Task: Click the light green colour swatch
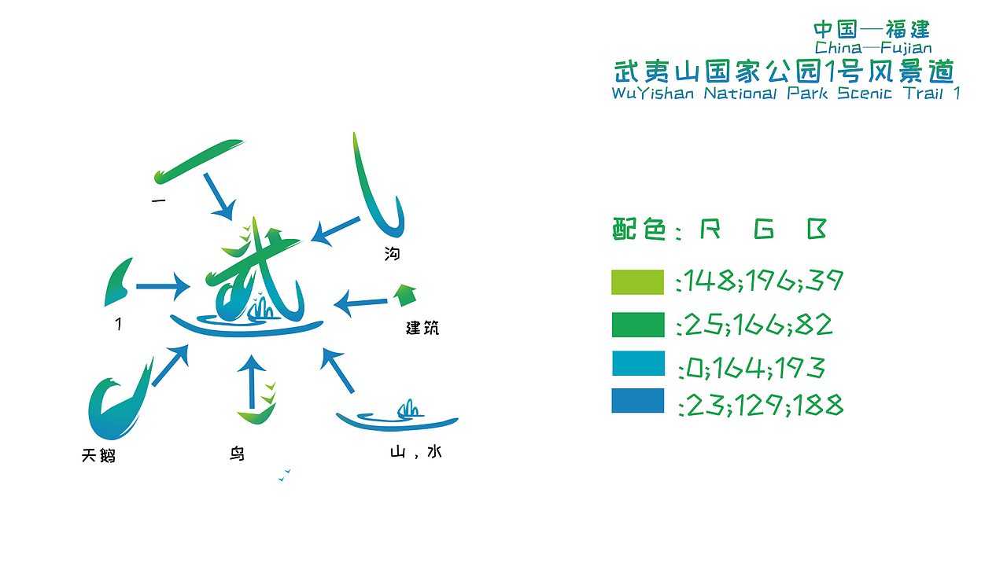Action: point(637,282)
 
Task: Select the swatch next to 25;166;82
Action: point(637,325)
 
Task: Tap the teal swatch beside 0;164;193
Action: point(637,363)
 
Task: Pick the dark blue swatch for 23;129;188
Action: point(637,401)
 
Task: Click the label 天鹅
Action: point(98,455)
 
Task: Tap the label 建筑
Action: point(422,328)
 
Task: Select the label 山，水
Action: point(415,452)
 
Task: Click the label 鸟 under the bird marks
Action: point(237,454)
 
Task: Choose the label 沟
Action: point(392,254)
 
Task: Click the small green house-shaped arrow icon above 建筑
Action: point(404,294)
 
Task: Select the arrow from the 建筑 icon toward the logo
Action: point(362,302)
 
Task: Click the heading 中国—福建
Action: point(872,30)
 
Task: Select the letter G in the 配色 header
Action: point(763,230)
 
